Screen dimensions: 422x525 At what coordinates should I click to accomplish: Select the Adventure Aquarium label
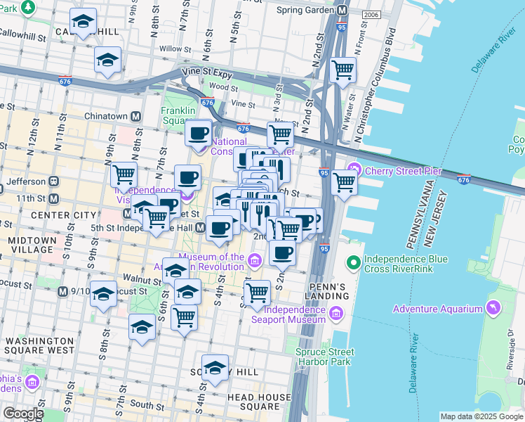click(x=438, y=309)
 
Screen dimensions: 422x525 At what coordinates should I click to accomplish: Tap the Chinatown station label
click(x=95, y=116)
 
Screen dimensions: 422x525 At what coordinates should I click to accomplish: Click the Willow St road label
click(x=171, y=49)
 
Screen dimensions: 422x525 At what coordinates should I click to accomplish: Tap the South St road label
click(x=146, y=404)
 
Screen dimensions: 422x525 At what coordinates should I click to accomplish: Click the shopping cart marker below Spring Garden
click(x=343, y=70)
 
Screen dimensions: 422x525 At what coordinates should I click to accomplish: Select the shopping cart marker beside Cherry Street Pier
click(x=343, y=181)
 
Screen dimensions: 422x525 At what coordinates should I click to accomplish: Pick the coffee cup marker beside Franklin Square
click(x=199, y=132)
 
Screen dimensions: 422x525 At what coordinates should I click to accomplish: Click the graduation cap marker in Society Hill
click(x=215, y=367)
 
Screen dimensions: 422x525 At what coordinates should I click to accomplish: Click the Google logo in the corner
click(x=23, y=414)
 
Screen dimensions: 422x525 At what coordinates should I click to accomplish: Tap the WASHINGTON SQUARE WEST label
click(x=39, y=345)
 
